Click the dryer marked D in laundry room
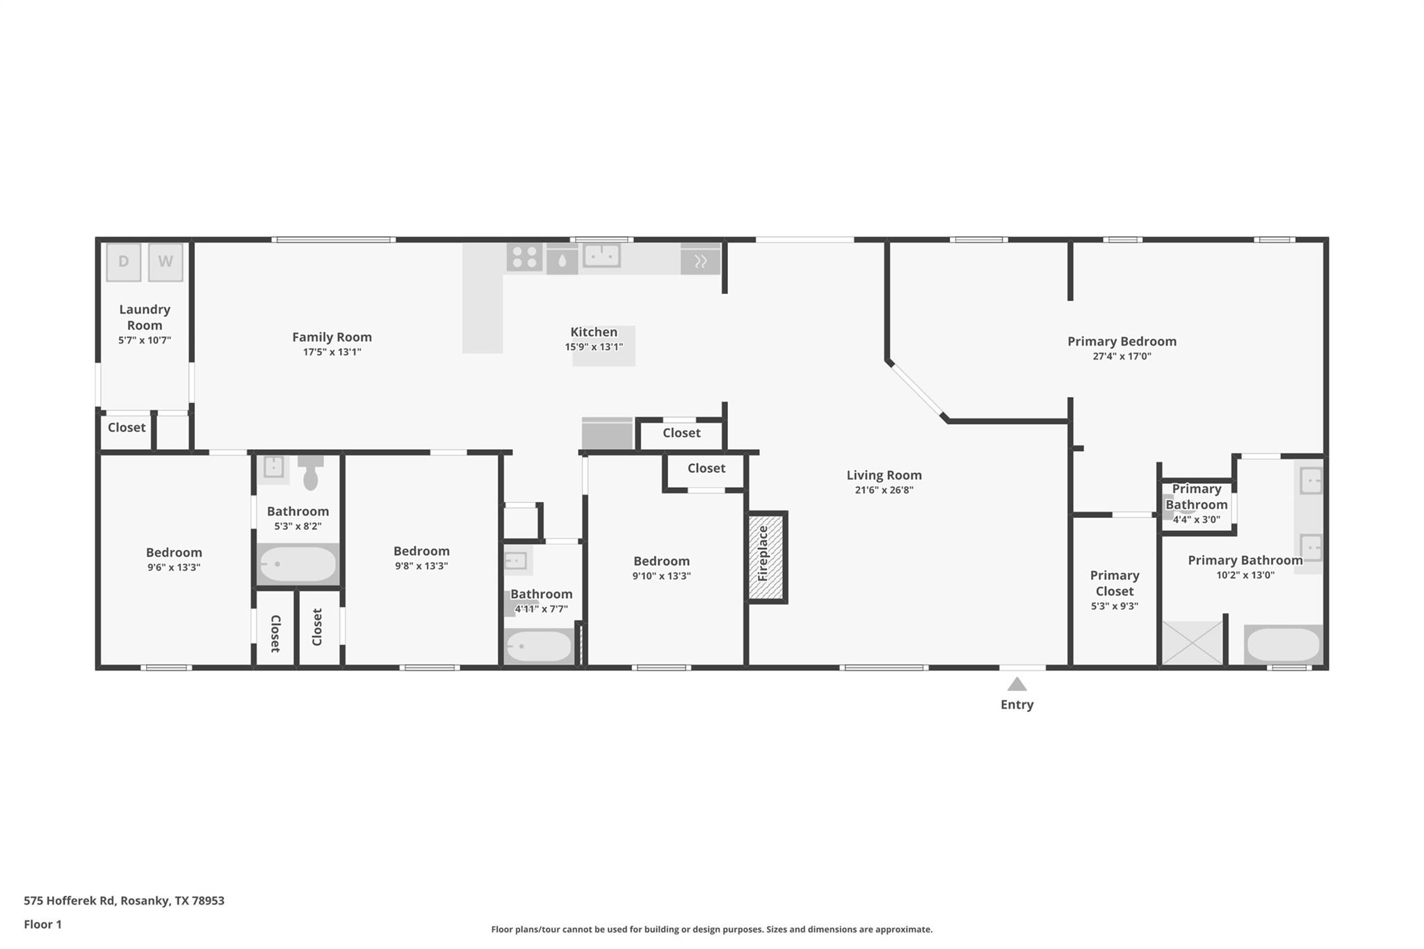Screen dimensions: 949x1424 124,262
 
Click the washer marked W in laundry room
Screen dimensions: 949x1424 165,262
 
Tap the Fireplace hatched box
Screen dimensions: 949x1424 767,558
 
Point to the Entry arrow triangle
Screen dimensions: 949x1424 1017,685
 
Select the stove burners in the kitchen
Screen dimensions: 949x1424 524,257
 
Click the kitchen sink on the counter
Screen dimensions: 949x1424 601,256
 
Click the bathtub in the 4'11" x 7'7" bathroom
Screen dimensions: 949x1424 539,647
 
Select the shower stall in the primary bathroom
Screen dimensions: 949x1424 1192,643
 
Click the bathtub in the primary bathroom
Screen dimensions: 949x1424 1283,644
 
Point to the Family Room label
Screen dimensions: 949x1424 332,337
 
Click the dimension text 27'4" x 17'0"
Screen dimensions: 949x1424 1122,357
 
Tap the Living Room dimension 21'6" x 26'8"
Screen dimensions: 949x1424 884,490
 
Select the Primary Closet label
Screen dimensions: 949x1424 1114,583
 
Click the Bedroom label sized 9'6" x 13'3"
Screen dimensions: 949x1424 174,553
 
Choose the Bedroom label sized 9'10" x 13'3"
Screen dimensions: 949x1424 661,561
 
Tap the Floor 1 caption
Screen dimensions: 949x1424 42,924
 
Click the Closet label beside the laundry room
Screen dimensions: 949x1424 127,428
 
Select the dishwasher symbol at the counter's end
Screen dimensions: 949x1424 700,261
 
